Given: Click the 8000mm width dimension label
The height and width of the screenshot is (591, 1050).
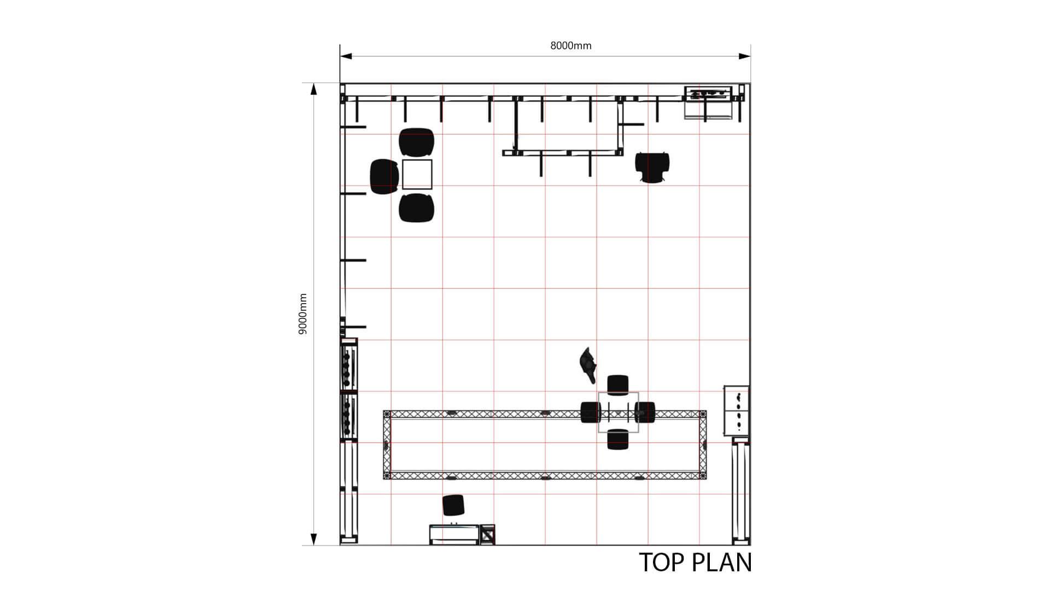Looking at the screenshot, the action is click(x=570, y=46).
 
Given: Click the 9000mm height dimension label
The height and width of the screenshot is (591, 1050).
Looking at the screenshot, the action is click(x=303, y=314).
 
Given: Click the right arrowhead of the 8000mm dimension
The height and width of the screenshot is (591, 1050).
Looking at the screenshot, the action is click(x=744, y=56).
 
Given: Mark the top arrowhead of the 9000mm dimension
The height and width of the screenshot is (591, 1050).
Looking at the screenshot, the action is click(x=314, y=89).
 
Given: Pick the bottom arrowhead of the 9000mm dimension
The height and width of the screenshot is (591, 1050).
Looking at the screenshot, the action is click(x=314, y=539).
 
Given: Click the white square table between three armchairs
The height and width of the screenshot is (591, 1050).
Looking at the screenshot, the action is click(x=417, y=175).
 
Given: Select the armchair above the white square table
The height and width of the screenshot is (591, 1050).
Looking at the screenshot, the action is click(x=417, y=142).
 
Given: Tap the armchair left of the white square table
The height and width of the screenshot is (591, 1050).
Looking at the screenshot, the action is click(x=384, y=176).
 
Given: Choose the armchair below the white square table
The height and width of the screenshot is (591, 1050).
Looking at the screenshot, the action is click(x=417, y=208).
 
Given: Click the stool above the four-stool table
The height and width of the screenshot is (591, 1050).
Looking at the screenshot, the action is click(x=618, y=385).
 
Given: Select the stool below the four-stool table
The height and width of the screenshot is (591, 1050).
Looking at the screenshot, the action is click(x=618, y=439).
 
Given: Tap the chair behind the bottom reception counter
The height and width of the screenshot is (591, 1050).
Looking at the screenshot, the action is click(x=453, y=505).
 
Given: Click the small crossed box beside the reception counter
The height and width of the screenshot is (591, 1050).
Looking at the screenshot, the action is click(x=487, y=534).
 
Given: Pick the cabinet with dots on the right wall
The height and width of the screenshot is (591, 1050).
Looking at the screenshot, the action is click(x=737, y=410).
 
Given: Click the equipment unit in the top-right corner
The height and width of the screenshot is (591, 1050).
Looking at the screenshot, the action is click(x=709, y=102).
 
